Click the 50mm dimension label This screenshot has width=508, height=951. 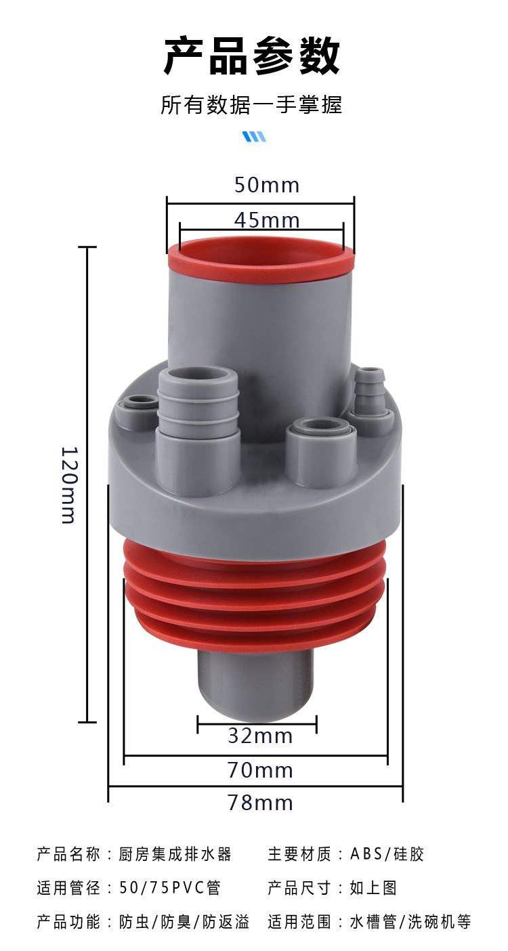click(x=267, y=185)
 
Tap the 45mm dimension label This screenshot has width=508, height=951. click(x=267, y=220)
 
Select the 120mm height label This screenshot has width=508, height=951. click(x=70, y=484)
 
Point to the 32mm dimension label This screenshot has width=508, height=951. click(x=260, y=736)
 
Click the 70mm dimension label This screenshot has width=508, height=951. click(x=260, y=770)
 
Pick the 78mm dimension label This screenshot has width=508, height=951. click(x=260, y=803)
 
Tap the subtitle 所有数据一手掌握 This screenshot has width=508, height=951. click(x=251, y=105)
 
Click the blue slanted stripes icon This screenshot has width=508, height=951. click(x=254, y=137)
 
